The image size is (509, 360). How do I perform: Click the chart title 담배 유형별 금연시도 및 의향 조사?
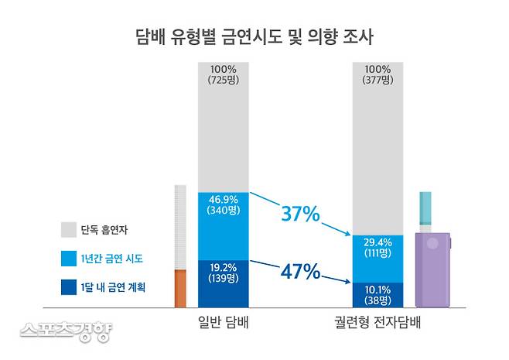point(254,36)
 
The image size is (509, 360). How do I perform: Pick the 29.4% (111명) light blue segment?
point(378,247)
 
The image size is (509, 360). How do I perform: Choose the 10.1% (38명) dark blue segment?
point(378,293)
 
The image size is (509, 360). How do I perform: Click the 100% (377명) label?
point(378,75)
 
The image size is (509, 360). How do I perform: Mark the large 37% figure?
point(299,214)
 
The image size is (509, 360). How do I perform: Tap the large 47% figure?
point(299,272)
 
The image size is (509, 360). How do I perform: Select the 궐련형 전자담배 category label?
point(378,322)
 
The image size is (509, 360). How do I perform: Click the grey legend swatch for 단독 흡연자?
point(69,230)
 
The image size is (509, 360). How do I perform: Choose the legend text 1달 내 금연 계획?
point(118,286)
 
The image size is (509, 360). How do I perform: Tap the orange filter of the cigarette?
point(181,288)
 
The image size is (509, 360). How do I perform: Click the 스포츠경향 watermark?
point(67,331)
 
